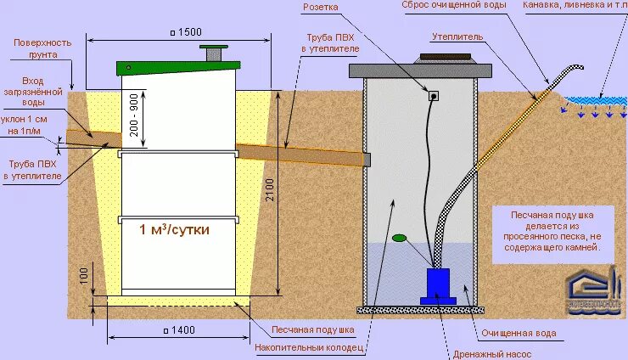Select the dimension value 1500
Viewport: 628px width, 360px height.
187,32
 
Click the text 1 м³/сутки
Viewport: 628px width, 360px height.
174,230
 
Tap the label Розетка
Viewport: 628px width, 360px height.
344,7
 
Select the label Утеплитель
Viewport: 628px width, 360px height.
457,37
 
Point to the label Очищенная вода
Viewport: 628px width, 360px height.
519,334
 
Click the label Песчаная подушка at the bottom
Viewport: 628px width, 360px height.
307,329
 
